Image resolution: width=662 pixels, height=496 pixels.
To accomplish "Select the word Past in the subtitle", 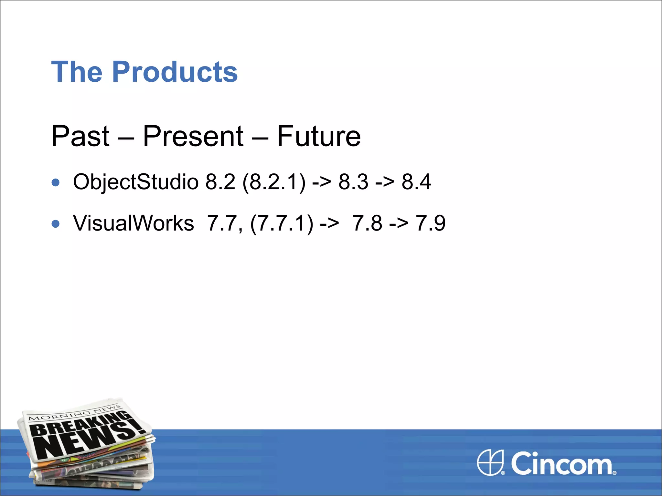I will coord(80,136).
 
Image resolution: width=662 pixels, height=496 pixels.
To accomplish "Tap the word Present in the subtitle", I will coord(193,136).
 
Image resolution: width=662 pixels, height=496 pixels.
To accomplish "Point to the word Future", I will coord(319,136).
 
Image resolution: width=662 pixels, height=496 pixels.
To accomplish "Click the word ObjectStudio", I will coord(135,182).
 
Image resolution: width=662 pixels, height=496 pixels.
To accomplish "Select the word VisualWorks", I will coord(133,223).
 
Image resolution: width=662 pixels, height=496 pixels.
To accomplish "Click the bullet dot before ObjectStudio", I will coord(56,182).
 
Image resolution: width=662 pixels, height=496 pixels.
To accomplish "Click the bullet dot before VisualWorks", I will coord(56,224).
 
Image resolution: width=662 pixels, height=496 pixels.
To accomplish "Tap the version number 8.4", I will coord(416,182).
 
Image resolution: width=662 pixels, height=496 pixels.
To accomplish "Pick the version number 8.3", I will coord(353,182).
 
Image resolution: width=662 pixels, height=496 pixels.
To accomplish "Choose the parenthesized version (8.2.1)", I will coord(273,182).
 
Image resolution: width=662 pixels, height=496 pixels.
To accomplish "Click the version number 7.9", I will coord(430,223).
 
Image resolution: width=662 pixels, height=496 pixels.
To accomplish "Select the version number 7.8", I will coord(367,223).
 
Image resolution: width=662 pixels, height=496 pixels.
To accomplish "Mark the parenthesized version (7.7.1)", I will coord(282,223).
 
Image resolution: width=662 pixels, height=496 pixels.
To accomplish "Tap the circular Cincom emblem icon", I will coord(490,462).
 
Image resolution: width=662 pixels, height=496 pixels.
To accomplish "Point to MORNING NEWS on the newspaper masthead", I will coord(74,413).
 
